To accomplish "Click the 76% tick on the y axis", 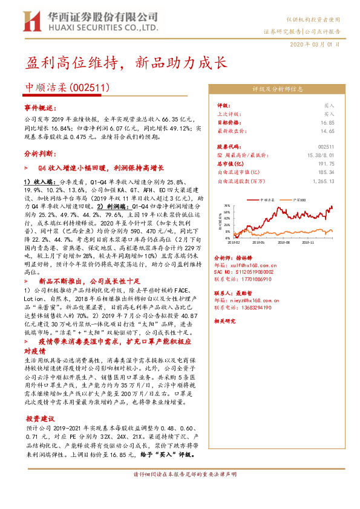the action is click(x=227, y=205).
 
